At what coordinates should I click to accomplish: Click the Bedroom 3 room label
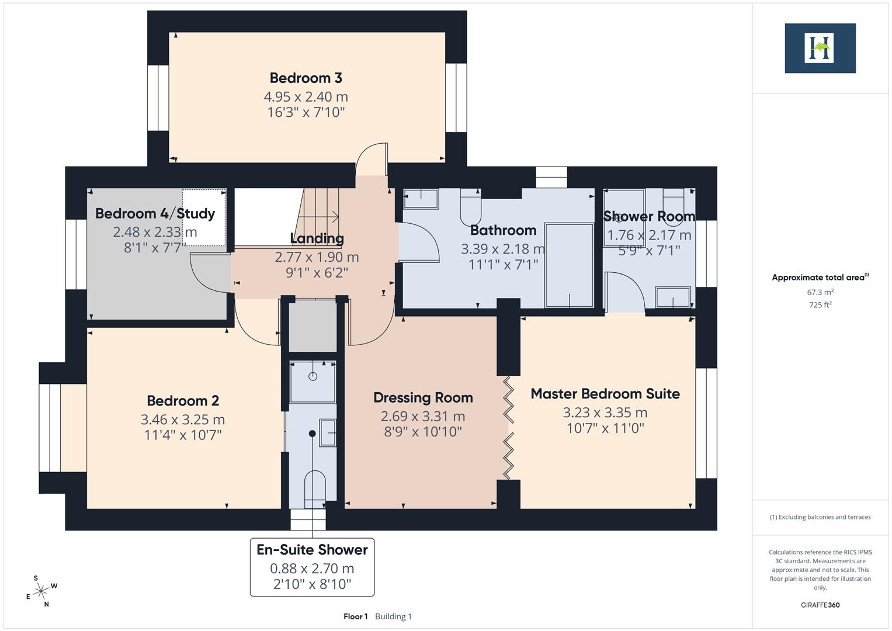tap(306, 78)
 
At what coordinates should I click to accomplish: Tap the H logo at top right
tap(820, 48)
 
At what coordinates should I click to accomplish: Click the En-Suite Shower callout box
tap(312, 567)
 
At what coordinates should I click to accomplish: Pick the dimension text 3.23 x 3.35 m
tap(605, 412)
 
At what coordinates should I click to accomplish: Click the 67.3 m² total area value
tap(820, 292)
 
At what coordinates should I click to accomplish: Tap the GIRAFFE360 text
tap(820, 605)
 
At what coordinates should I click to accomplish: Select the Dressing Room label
tap(423, 398)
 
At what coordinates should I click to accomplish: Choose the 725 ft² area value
tap(820, 305)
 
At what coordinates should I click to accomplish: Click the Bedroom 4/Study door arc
tap(209, 273)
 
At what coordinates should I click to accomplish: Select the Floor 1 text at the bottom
tap(355, 616)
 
